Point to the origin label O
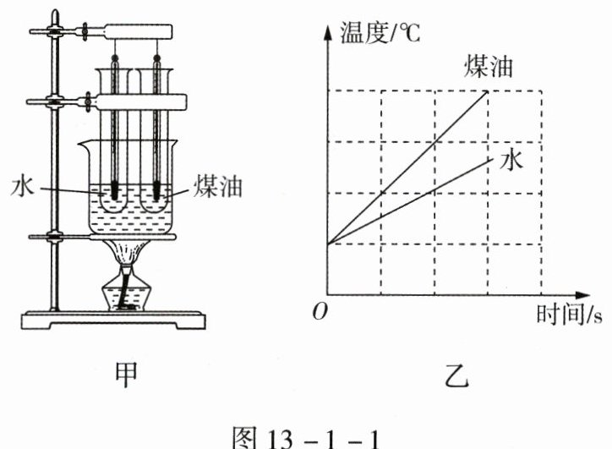(x=319, y=314)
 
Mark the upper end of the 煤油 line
(x=488, y=90)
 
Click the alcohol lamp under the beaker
(x=127, y=292)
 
